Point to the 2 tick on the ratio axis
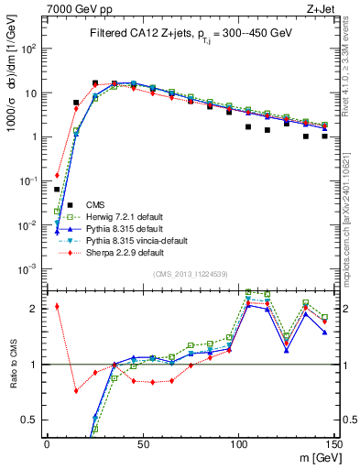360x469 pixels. (x=34, y=309)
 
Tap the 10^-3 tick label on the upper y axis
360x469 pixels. (x=28, y=269)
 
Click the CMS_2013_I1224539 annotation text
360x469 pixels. (x=189, y=274)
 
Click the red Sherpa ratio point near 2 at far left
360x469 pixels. (x=57, y=306)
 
